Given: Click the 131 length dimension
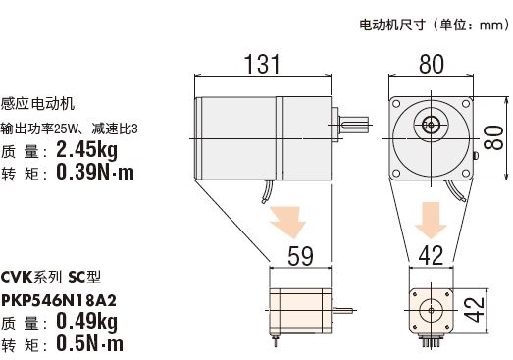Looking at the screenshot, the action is [263, 64].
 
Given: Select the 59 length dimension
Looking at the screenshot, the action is [300, 256].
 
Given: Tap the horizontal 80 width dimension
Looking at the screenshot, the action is [432, 64].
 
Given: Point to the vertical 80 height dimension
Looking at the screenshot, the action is [493, 137].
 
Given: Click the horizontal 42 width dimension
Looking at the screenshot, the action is [432, 256].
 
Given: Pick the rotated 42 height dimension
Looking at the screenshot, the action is [475, 310].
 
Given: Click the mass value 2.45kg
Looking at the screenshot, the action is [86, 150].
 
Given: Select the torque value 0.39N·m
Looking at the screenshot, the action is [95, 172].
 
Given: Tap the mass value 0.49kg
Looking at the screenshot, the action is [86, 322].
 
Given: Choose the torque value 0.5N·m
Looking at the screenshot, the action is [90, 343].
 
